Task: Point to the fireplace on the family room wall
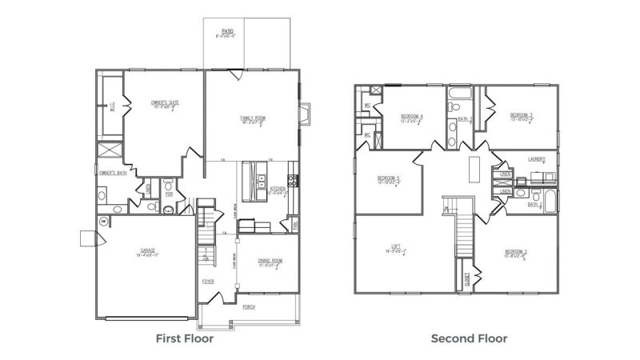tap(304, 114)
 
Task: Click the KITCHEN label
tap(278, 189)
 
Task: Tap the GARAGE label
tap(147, 250)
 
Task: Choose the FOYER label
tap(207, 281)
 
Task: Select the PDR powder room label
tap(169, 193)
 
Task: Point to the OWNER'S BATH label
tap(112, 173)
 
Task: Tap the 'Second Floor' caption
tap(469, 338)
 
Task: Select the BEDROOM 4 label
tap(412, 116)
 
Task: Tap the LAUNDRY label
tap(536, 159)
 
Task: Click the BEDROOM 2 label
tap(515, 252)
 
